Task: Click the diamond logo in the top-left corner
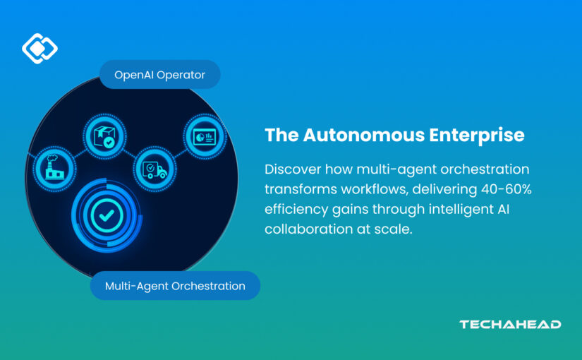(40, 48)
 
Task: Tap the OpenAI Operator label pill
(160, 75)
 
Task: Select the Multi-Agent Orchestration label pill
(175, 286)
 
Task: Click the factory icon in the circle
(54, 168)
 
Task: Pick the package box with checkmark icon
(104, 137)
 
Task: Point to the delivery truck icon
(154, 170)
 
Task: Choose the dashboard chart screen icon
(205, 137)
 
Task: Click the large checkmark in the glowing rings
(107, 215)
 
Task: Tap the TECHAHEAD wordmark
(510, 324)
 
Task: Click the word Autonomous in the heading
(364, 135)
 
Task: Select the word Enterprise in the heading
(477, 136)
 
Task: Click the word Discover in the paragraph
(293, 169)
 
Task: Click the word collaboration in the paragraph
(309, 229)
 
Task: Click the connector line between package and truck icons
(130, 154)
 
